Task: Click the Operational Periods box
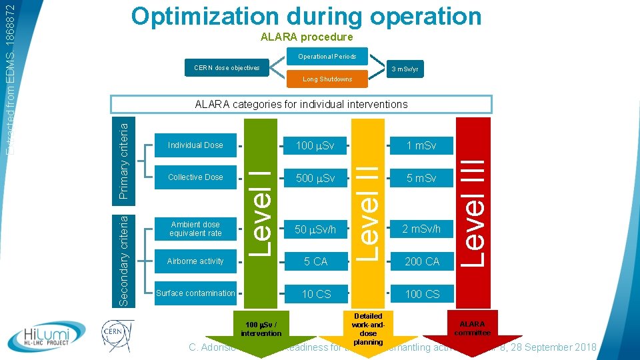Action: pos(327,57)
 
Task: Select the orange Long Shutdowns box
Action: pos(327,79)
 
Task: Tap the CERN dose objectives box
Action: pos(227,68)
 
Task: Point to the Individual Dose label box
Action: pos(195,145)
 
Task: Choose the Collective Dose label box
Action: pos(195,177)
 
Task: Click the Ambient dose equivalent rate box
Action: pos(195,229)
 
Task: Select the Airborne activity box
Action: pos(195,261)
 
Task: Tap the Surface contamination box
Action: pos(195,293)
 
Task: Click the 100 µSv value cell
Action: pos(315,145)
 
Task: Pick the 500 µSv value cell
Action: pos(315,178)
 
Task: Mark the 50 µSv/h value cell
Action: pos(315,230)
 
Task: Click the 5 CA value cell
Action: pos(315,261)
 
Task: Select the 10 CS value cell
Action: pos(315,293)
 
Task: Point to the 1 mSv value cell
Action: pos(422,145)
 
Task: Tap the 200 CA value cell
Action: pos(422,261)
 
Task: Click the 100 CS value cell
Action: pos(422,293)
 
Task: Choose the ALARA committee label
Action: pos(472,328)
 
